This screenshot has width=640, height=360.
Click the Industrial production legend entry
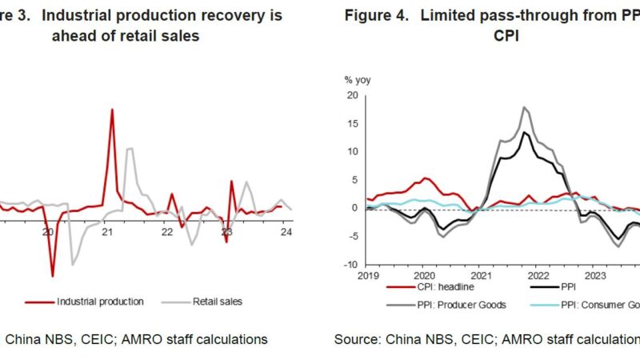pyautogui.click(x=100, y=302)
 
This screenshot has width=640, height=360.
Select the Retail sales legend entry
pyautogui.click(x=218, y=302)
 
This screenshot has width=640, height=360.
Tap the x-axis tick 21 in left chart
pyautogui.click(x=107, y=232)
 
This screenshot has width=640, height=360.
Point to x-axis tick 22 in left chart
pyautogui.click(x=166, y=232)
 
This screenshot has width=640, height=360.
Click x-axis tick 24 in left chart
pyautogui.click(x=286, y=232)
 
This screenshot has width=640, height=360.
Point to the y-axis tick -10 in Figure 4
pyautogui.click(x=349, y=265)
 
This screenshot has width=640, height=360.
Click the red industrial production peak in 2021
pyautogui.click(x=112, y=110)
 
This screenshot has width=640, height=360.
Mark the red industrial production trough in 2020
pyautogui.click(x=53, y=276)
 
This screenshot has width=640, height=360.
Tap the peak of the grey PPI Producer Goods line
pyautogui.click(x=524, y=107)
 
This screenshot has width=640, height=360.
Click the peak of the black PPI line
pyautogui.click(x=524, y=132)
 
